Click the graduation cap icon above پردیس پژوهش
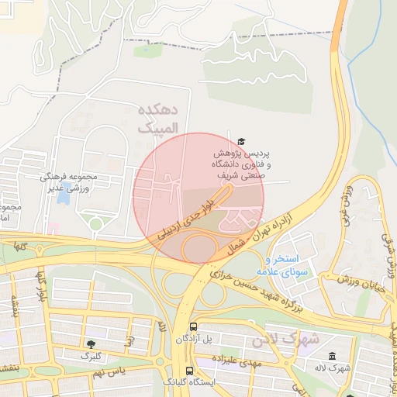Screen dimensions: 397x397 coord(241,141)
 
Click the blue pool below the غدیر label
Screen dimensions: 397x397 coord(63,197)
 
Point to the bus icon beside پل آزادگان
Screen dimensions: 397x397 coord(193,326)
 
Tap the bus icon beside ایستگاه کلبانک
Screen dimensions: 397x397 coord(189,371)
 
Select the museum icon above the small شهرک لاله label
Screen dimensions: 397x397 coord(332,356)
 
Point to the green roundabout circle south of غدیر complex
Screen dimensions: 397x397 coord(95,224)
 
